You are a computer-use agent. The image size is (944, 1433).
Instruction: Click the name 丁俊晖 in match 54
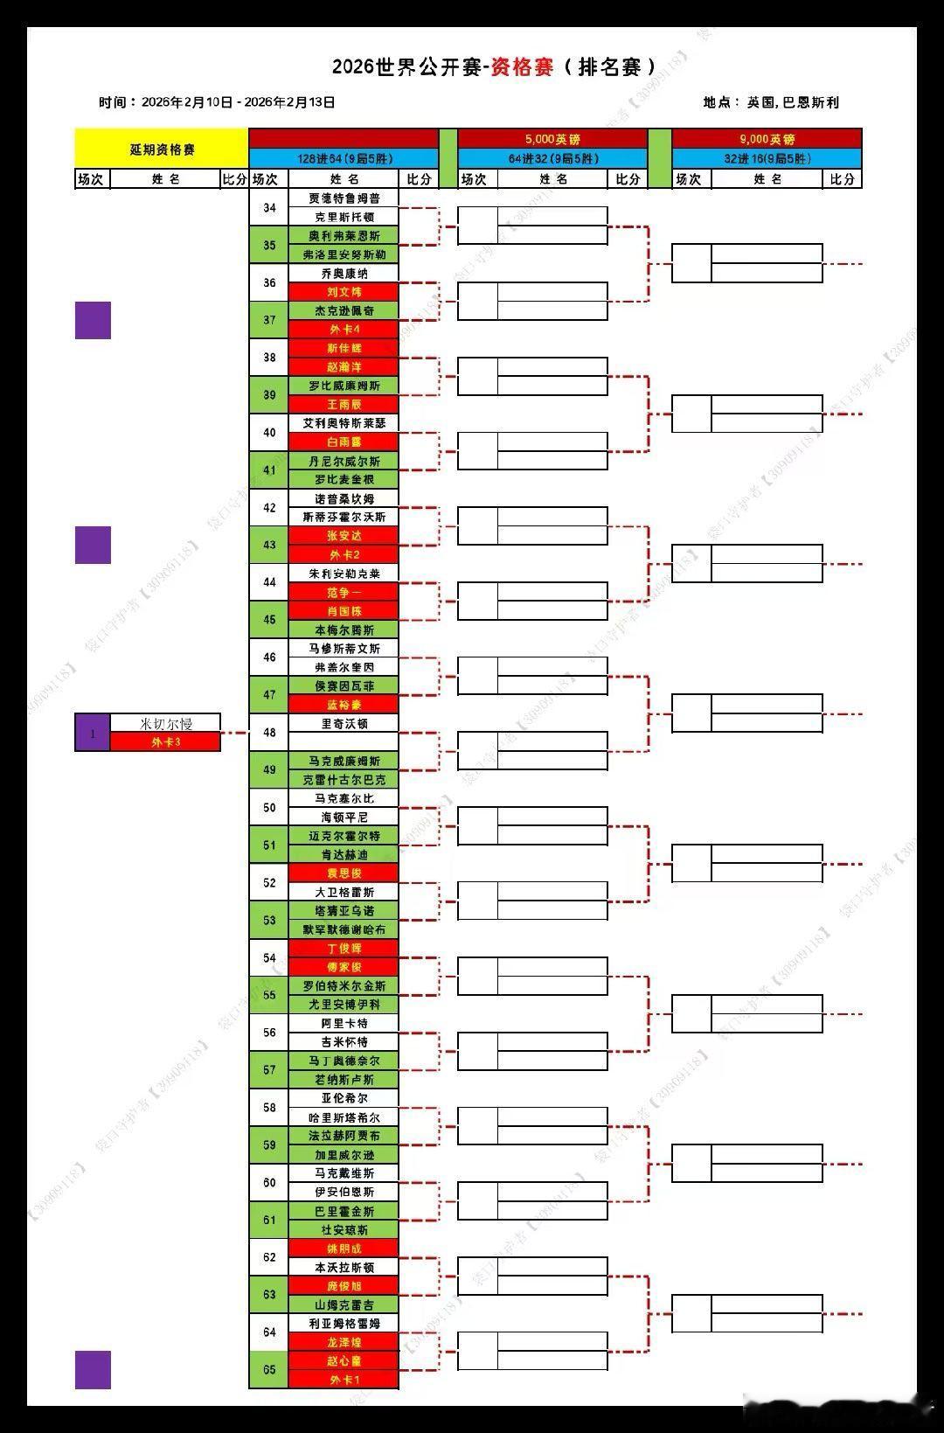pos(344,949)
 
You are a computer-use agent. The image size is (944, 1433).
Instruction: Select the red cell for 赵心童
pos(344,1360)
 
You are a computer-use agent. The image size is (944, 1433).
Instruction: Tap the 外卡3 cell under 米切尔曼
pos(164,742)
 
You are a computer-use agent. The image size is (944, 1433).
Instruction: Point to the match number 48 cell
pos(269,733)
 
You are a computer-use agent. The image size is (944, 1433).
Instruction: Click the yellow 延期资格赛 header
pos(162,149)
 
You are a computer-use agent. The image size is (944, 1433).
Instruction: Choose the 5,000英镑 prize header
pos(552,139)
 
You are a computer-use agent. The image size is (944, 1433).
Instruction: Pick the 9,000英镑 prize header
pos(767,139)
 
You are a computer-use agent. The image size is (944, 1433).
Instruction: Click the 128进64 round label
pos(344,159)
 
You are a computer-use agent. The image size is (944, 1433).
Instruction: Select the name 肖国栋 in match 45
pos(344,611)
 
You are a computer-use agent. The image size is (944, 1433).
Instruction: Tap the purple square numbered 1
pos(93,734)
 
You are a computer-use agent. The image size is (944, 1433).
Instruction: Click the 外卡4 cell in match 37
pos(344,330)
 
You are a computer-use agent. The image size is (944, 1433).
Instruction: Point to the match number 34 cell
pos(269,208)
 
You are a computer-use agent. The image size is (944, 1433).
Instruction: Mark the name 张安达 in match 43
pos(344,536)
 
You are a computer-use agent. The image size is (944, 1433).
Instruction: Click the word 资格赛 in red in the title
pos(522,67)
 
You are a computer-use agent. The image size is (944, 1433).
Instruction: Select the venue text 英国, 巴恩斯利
pos(793,102)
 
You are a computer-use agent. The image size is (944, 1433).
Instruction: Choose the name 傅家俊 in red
pos(344,967)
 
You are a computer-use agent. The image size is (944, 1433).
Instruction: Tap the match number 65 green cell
pos(269,1370)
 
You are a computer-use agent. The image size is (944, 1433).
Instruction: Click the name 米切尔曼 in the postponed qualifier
pos(165,724)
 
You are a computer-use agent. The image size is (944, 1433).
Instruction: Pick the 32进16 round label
pos(767,159)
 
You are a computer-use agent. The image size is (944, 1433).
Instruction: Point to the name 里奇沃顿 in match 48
pos(344,724)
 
